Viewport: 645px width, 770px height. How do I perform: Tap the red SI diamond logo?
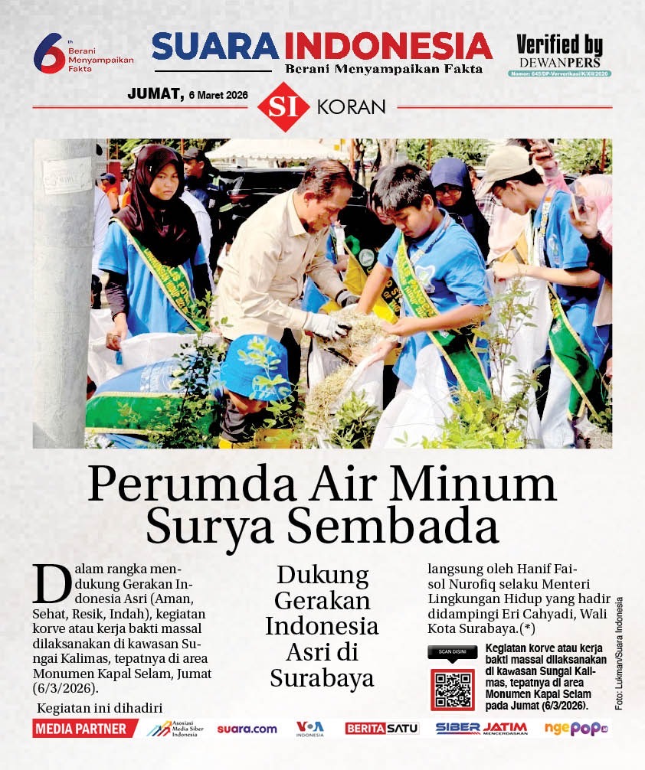(x=283, y=106)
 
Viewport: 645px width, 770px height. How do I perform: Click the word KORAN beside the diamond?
(x=351, y=107)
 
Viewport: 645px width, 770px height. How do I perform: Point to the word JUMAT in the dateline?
(x=156, y=94)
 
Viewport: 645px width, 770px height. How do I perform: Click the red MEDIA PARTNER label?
(x=80, y=729)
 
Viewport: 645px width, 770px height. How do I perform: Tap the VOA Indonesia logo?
(x=310, y=729)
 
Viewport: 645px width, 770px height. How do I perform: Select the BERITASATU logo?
(x=381, y=729)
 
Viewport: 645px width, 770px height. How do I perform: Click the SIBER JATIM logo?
(x=481, y=729)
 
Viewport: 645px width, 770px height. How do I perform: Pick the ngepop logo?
(x=575, y=729)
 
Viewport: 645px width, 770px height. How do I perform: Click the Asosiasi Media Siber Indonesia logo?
(x=177, y=729)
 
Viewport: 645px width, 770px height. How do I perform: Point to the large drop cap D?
(x=47, y=583)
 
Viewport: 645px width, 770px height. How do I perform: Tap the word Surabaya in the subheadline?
(x=322, y=678)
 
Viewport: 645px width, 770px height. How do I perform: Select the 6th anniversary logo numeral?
(x=49, y=54)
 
